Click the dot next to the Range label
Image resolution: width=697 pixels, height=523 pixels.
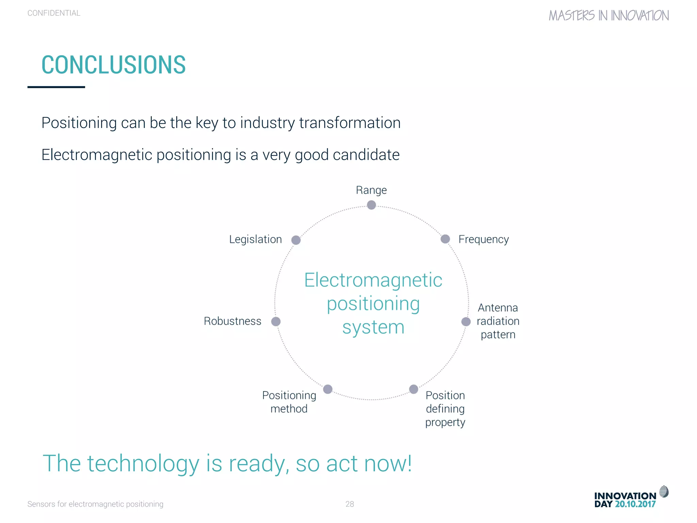[371, 205]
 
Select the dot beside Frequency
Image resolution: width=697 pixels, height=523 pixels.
[445, 239]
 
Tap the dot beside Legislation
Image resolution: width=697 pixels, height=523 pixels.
[296, 240]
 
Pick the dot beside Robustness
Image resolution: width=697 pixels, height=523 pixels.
[276, 321]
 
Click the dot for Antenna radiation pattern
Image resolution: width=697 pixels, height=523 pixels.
[466, 321]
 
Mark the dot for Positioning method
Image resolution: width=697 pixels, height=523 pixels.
[328, 389]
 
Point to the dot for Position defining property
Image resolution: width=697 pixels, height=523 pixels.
[414, 389]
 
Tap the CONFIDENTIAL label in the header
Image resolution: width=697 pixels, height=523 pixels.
[54, 13]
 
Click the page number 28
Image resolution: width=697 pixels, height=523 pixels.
[350, 504]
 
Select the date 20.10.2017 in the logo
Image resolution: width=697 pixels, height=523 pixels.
[635, 504]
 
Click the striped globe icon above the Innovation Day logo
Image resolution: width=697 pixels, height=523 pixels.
[664, 492]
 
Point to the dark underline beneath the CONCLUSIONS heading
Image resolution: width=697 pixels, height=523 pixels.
[56, 87]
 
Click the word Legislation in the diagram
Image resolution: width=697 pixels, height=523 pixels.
[256, 239]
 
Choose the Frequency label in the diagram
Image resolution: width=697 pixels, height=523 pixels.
[483, 239]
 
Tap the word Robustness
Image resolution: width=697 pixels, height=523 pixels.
[232, 321]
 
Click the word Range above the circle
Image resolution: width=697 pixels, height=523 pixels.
[371, 190]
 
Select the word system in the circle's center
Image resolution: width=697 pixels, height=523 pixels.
[373, 328]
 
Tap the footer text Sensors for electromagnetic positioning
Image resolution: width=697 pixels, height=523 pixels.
[95, 504]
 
